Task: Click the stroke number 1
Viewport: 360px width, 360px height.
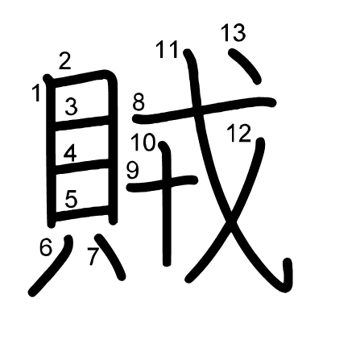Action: pos(36,93)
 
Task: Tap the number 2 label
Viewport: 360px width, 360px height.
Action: pos(65,61)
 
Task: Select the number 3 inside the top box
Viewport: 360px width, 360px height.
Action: pos(71,106)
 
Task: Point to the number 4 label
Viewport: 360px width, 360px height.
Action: pos(70,153)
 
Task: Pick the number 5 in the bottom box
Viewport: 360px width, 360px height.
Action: pos(71,199)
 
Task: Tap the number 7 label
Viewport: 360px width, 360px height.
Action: pos(93,256)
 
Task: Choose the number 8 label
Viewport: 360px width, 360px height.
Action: pos(139,102)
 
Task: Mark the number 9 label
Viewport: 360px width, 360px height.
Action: pos(133,171)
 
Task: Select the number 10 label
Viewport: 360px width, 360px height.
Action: pos(143,143)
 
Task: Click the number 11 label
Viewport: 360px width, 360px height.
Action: pos(167,49)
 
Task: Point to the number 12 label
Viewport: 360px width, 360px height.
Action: pos(239,133)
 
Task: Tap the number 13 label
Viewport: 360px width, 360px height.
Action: pos(233,33)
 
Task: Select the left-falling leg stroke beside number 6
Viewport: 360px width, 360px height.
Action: pos(51,266)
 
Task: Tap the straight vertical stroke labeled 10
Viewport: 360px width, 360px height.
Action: pos(167,204)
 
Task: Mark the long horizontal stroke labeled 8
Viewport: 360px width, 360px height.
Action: pos(204,110)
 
